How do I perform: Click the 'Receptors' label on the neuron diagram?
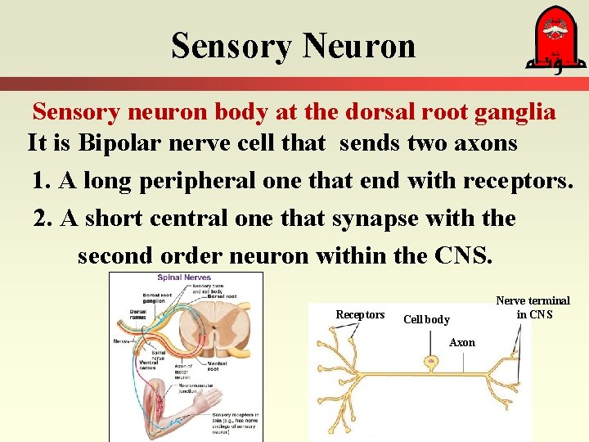pos(360,315)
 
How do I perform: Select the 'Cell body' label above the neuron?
pos(426,319)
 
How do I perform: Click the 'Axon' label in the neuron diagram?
pos(462,343)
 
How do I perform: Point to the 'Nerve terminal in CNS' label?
pos(533,307)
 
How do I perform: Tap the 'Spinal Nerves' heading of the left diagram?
pos(185,278)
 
